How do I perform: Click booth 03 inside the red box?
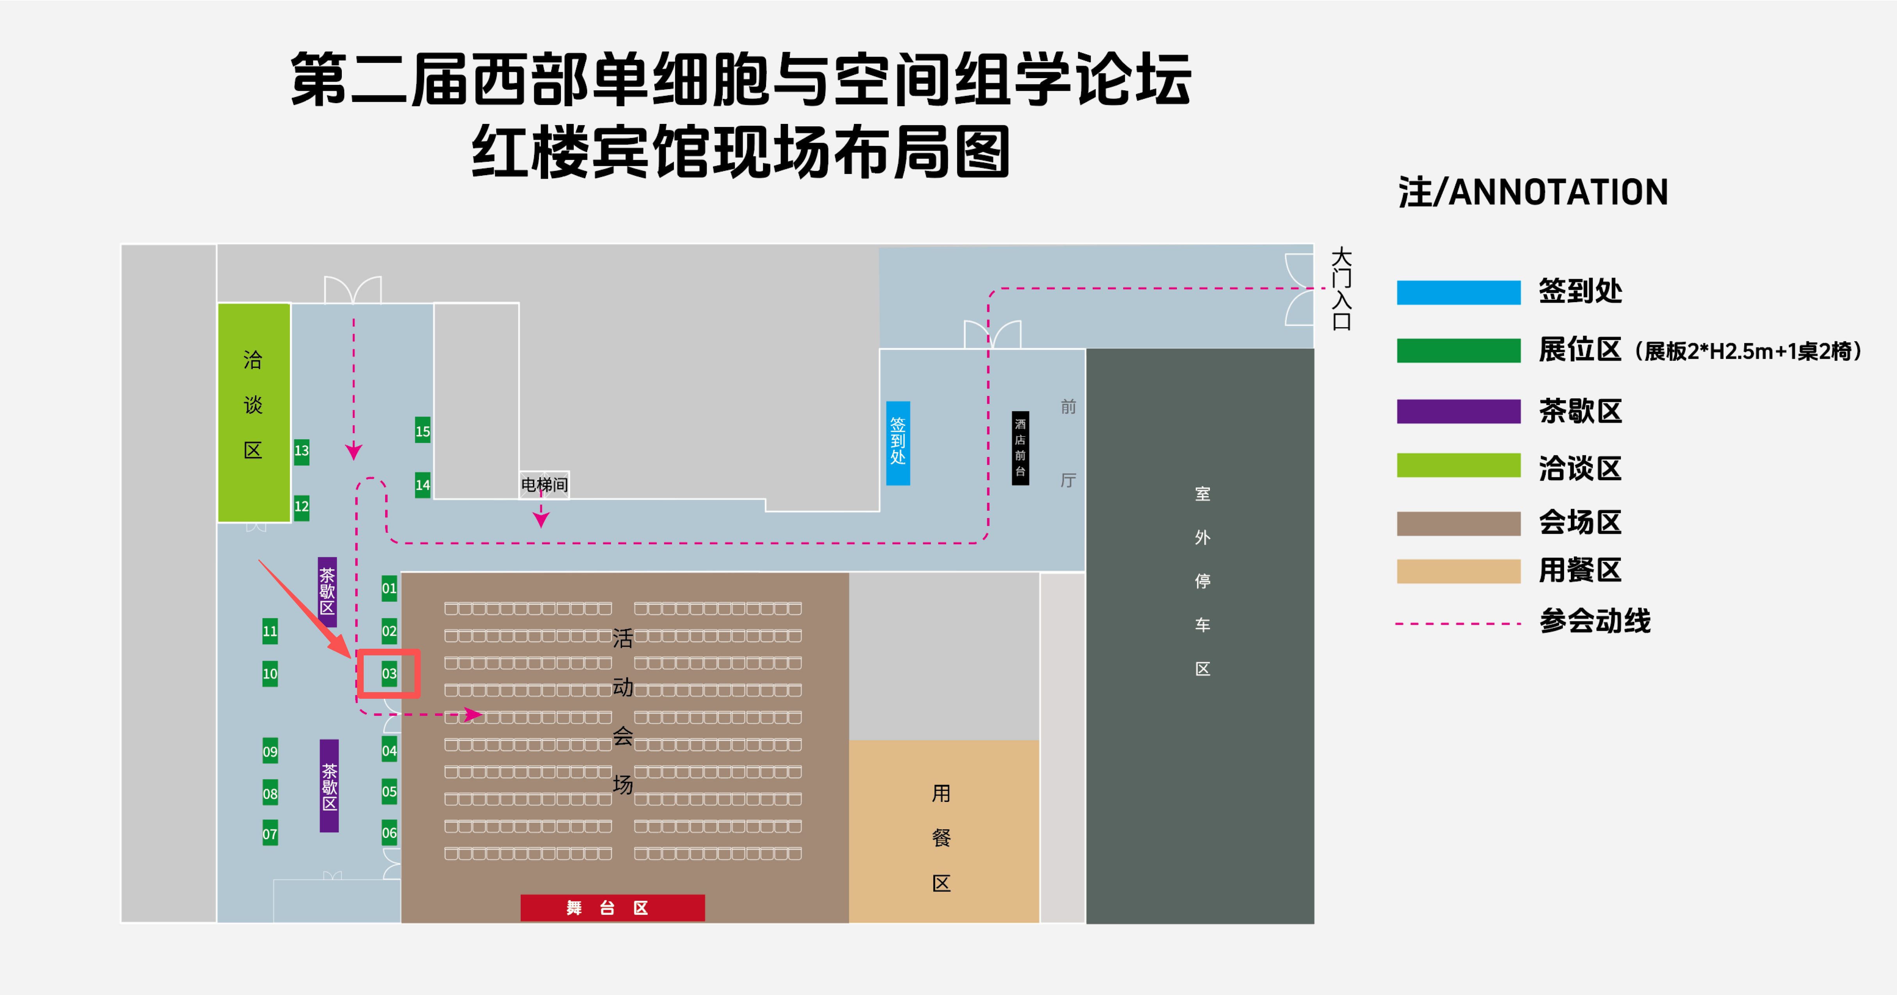[x=389, y=673]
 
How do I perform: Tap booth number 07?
[x=270, y=833]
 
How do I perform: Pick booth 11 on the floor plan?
[x=270, y=630]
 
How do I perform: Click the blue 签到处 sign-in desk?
[x=898, y=443]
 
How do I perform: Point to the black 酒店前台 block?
[x=1020, y=448]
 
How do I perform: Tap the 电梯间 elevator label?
[x=544, y=485]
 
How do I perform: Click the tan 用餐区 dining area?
[x=943, y=831]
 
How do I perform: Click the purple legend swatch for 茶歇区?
[x=1458, y=411]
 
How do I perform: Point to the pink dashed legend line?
[x=1458, y=624]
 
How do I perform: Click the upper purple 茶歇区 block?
[x=327, y=591]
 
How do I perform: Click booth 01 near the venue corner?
[x=389, y=588]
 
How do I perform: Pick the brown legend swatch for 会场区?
[x=1458, y=523]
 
